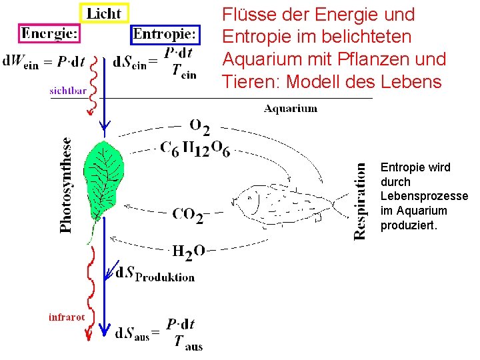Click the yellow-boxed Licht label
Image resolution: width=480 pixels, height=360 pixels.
[105, 13]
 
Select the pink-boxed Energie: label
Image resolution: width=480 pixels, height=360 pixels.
[50, 33]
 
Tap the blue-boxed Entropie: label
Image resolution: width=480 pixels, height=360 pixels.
[165, 33]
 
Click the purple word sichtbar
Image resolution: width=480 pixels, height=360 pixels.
[68, 91]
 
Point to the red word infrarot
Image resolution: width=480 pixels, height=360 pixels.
[67, 317]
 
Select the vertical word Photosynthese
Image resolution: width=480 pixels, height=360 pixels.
[66, 185]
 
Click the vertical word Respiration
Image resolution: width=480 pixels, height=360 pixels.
[360, 201]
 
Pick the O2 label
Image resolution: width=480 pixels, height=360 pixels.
[199, 126]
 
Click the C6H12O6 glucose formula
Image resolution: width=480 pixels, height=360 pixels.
[195, 149]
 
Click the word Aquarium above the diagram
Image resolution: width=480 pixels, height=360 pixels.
[291, 108]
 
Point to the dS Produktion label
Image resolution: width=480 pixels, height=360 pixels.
[155, 274]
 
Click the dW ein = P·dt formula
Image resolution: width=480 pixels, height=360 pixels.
[43, 61]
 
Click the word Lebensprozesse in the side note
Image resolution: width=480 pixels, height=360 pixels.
[424, 196]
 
